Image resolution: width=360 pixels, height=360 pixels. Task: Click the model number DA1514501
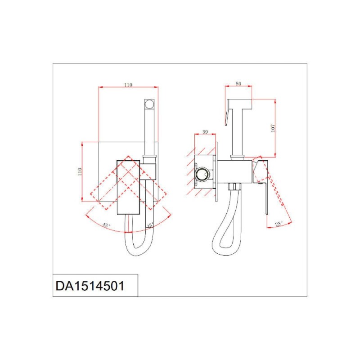[x=90, y=286]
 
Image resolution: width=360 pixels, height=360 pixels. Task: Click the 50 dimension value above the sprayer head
[x=238, y=84]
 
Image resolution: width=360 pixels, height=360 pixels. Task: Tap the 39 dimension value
[x=205, y=132]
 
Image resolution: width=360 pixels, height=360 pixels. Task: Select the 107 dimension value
[x=273, y=128]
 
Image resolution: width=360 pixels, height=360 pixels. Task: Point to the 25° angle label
[x=279, y=224]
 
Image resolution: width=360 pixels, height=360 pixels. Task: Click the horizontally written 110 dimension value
[x=128, y=85]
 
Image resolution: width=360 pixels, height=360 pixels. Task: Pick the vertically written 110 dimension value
[x=80, y=171]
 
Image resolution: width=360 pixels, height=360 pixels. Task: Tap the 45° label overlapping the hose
[x=150, y=225]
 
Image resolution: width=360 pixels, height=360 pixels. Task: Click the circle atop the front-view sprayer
[x=149, y=104]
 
